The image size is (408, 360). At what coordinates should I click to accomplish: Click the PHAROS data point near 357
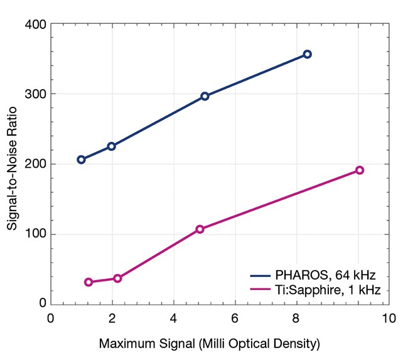pos(307,55)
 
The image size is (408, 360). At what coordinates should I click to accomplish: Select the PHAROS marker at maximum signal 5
pos(205,96)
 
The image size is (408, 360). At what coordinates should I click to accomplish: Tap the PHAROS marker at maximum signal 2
pos(112,146)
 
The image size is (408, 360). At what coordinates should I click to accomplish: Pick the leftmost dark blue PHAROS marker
pos(81,160)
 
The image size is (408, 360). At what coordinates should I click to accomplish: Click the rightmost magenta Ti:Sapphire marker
pos(360,170)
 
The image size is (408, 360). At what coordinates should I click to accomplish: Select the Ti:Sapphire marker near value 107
pos(200,229)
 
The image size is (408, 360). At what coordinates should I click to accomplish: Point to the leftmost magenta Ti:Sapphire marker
pos(89,282)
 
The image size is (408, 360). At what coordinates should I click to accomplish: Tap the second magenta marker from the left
pos(117,278)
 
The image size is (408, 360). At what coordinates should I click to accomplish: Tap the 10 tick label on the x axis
pos(389,318)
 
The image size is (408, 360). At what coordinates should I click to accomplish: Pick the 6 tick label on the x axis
pos(235,318)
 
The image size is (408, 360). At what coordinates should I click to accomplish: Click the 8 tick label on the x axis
pos(296,318)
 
